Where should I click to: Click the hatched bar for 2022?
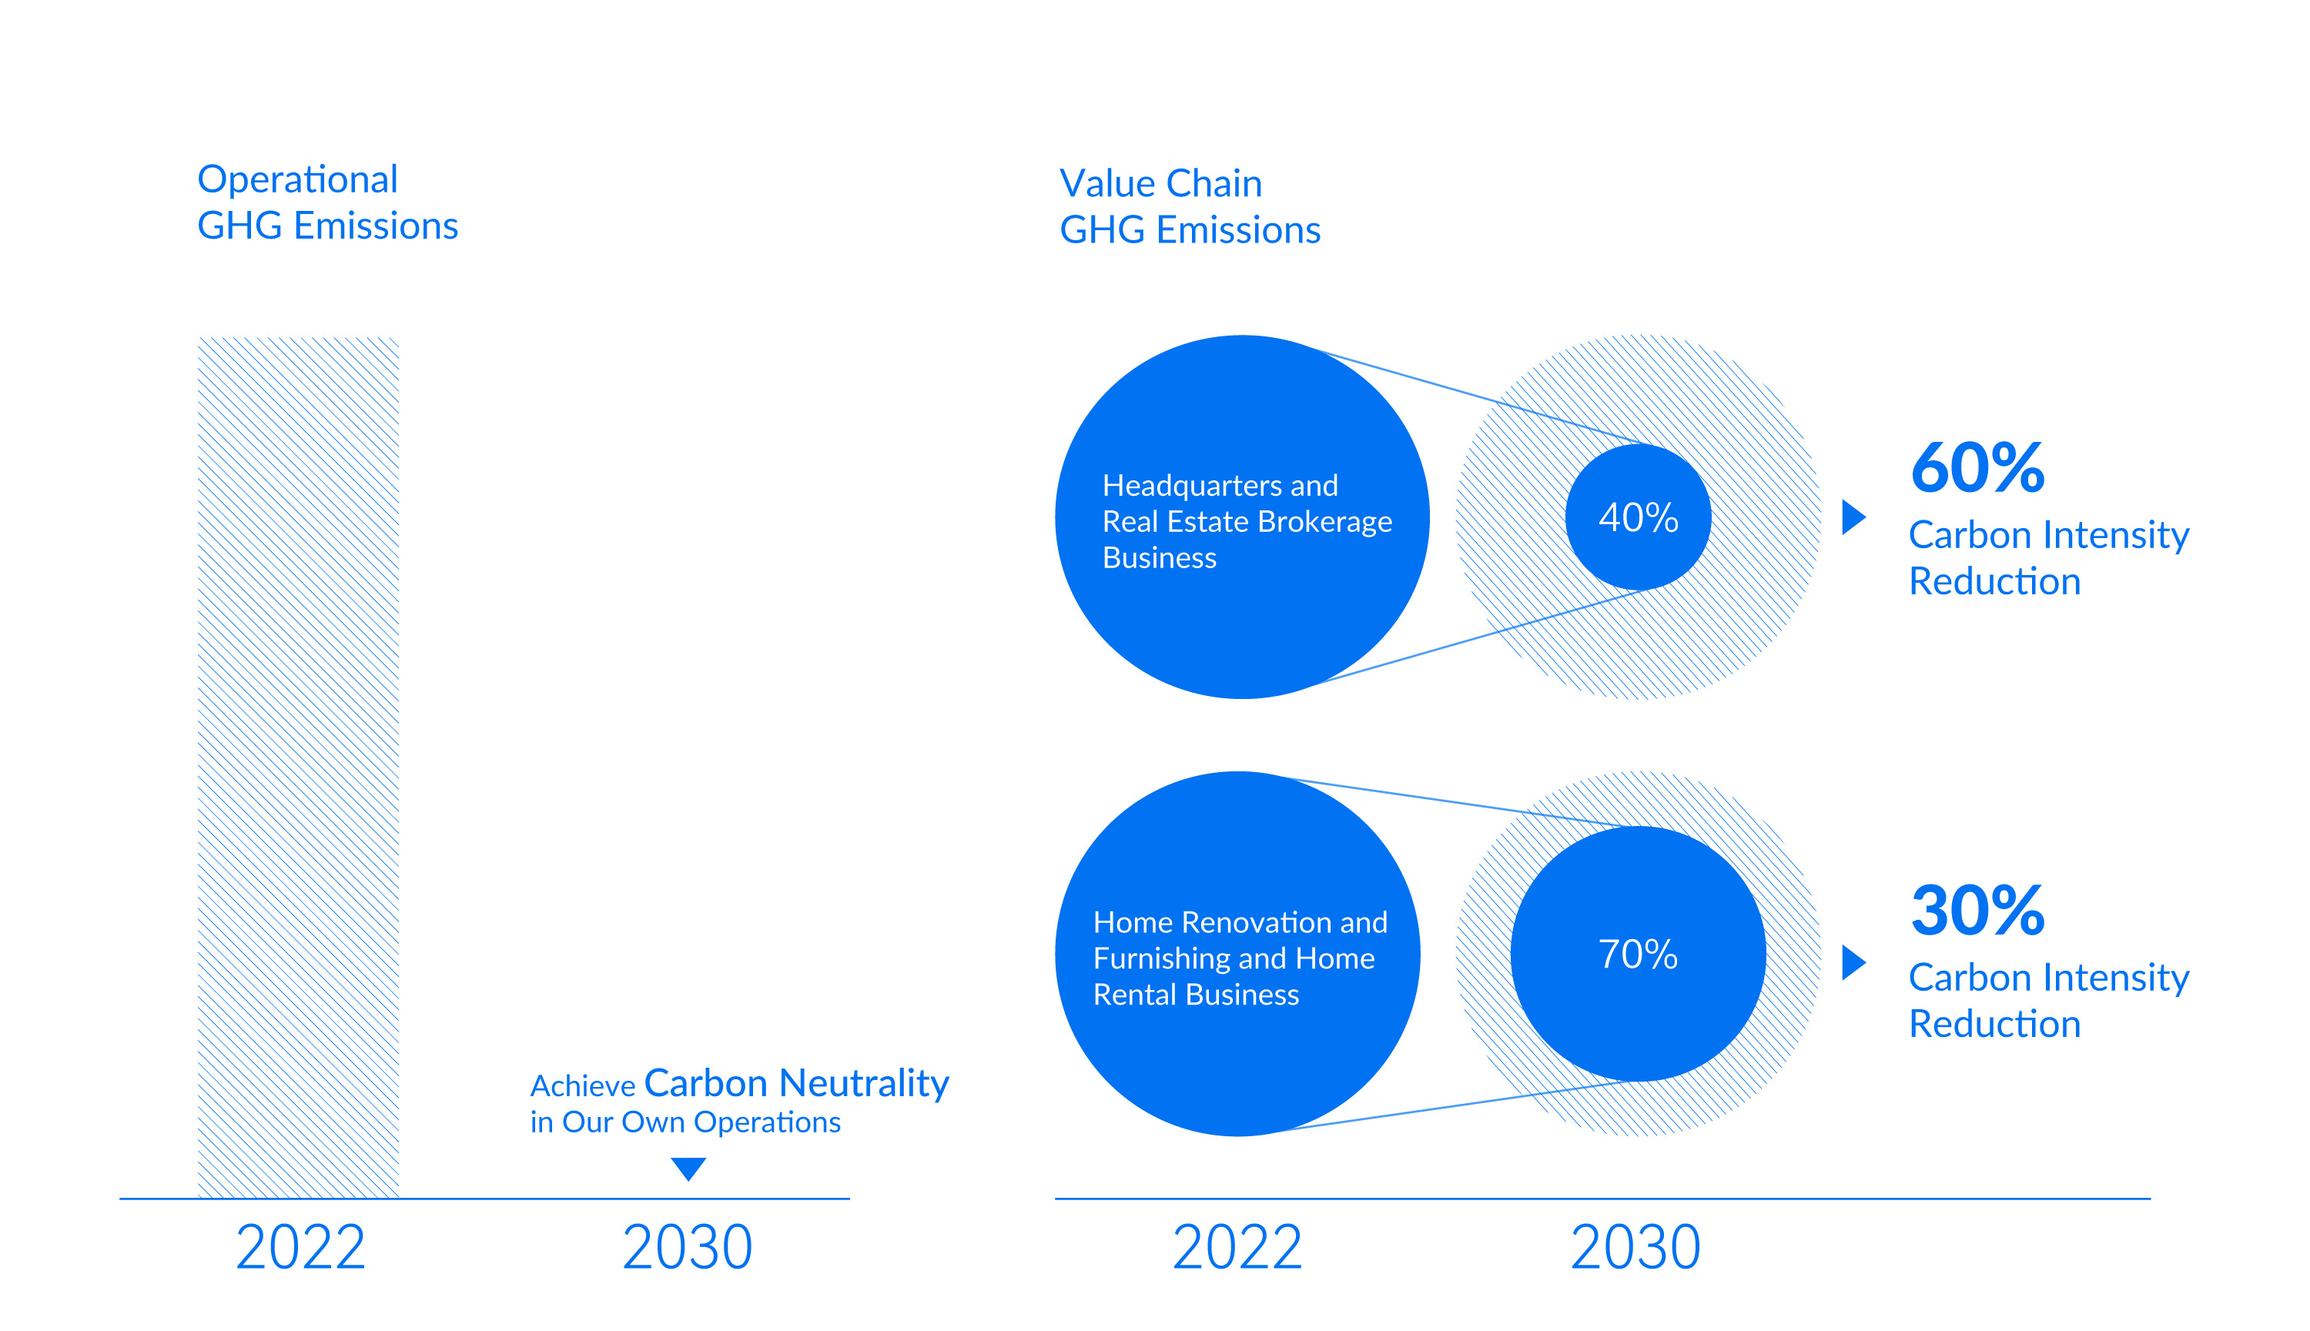298,768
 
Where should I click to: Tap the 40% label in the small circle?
1638,517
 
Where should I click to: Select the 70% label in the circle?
1638,955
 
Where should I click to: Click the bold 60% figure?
1977,467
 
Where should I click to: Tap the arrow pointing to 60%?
1853,517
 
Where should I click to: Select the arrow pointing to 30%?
1853,961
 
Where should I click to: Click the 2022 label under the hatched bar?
301,1247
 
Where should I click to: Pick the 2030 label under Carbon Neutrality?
688,1247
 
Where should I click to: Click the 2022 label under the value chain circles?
1237,1247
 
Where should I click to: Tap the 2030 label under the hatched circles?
1635,1247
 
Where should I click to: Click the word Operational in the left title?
298,180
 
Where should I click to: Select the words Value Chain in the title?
1161,184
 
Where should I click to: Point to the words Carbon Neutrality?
797,1083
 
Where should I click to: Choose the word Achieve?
582,1086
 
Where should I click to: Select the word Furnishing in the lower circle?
1161,959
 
